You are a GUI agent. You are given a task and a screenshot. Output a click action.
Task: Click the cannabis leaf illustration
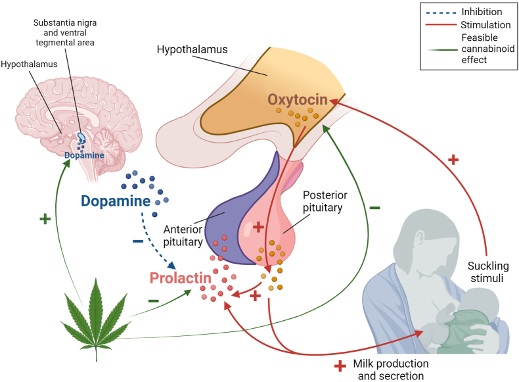[93, 309]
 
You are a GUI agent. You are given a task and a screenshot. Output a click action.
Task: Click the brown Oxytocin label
[297, 99]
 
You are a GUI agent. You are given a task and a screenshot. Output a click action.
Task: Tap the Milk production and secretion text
[390, 370]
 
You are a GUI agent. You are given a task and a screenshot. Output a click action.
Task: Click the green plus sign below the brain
[45, 219]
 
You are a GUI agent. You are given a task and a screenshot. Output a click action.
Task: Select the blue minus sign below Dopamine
[138, 241]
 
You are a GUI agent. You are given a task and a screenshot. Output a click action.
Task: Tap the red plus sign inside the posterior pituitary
[259, 227]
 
